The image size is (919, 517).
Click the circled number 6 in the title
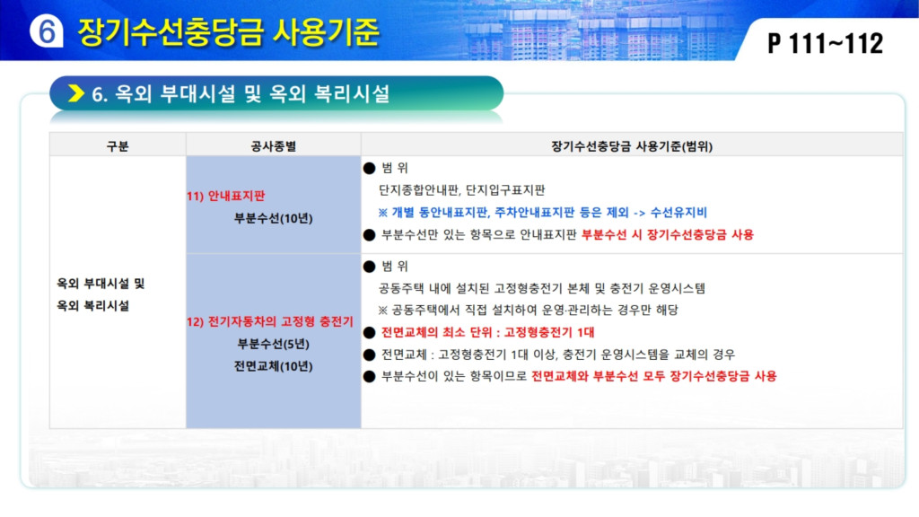click(x=47, y=31)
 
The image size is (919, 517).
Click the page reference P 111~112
click(x=825, y=43)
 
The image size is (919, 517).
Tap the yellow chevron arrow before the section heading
click(x=76, y=93)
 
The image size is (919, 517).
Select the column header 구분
click(x=118, y=146)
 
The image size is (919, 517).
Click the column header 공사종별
click(x=273, y=146)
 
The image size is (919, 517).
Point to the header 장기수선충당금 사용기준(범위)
click(x=632, y=146)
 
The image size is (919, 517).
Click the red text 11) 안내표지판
click(x=226, y=196)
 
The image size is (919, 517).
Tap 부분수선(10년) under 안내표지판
click(x=273, y=218)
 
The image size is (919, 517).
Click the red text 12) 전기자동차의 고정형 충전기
click(x=270, y=321)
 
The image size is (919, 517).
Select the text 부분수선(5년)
click(x=273, y=344)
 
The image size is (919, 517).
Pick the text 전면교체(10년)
click(x=273, y=366)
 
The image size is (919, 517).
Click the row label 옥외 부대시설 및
click(x=101, y=284)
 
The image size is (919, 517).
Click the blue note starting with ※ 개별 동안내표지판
click(x=543, y=212)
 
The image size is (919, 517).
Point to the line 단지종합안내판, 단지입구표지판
click(x=462, y=190)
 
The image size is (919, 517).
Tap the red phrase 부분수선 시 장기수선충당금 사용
click(x=668, y=234)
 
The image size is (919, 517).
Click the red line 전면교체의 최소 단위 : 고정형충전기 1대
click(x=487, y=332)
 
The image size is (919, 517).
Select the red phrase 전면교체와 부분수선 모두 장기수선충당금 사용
click(x=654, y=376)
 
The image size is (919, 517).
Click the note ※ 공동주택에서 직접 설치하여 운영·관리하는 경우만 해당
click(x=528, y=310)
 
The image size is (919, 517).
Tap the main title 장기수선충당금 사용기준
click(x=229, y=31)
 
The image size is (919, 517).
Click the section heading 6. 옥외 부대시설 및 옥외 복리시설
click(x=241, y=93)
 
